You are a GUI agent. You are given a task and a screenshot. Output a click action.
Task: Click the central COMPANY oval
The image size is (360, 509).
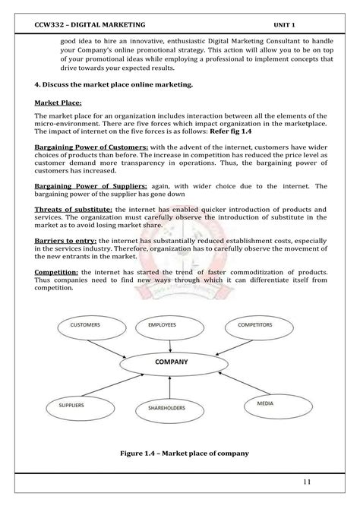pyautogui.click(x=172, y=363)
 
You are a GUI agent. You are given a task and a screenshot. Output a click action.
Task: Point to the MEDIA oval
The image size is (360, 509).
pyautogui.click(x=265, y=403)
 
